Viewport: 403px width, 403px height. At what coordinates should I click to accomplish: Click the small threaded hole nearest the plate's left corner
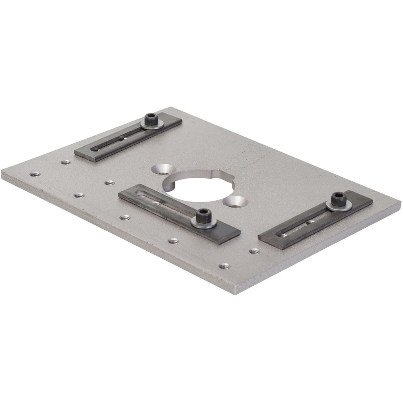[35, 174]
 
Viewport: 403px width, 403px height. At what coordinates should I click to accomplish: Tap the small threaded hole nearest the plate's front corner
[224, 266]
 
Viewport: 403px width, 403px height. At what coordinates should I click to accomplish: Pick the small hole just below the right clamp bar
[254, 251]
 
